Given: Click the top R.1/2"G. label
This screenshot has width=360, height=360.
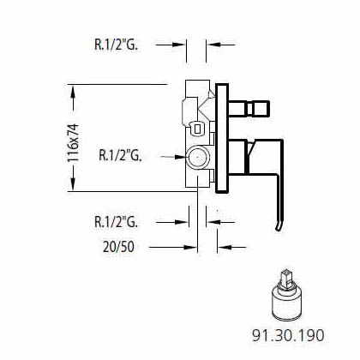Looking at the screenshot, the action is point(116,45).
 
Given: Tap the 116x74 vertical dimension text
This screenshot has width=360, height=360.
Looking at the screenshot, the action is point(74,142).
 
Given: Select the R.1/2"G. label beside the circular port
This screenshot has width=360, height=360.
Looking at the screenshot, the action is point(120,155).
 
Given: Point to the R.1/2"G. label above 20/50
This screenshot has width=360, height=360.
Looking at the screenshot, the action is point(116,222).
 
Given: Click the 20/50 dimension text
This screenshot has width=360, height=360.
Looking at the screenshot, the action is point(118,247).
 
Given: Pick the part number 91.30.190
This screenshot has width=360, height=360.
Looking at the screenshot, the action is point(288,335).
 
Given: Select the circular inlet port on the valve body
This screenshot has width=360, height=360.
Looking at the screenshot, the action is point(197,157).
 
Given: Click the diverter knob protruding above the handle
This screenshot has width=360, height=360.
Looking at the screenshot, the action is point(249,108).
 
